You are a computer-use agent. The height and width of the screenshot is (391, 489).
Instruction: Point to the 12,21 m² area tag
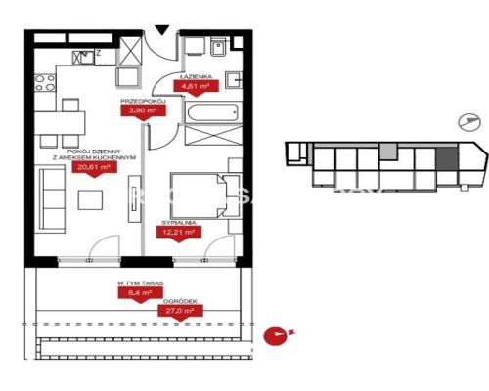[x=185, y=233]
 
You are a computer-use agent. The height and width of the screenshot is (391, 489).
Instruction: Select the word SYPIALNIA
[x=182, y=222]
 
